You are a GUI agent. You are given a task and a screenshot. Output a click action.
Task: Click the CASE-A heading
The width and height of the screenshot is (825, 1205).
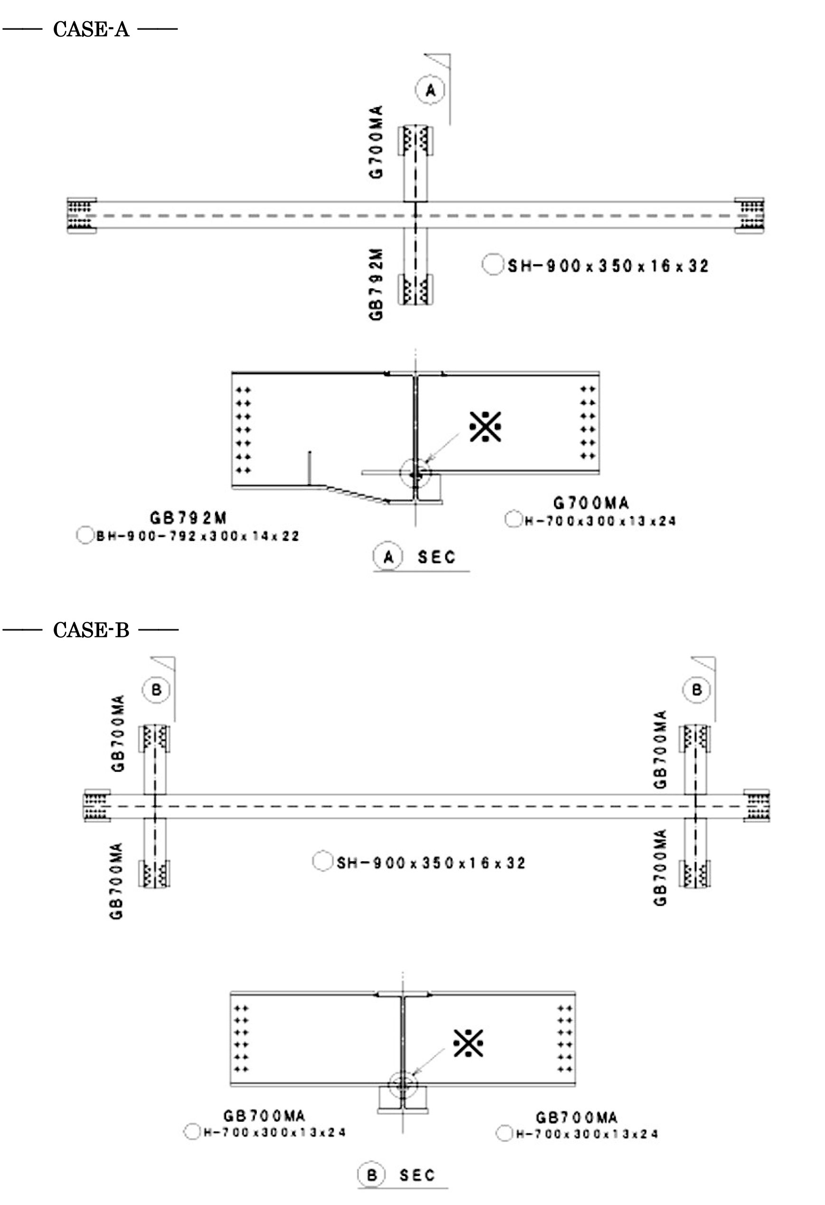click(91, 29)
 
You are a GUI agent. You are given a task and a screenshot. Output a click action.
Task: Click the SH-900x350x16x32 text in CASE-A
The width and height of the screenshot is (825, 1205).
click(608, 266)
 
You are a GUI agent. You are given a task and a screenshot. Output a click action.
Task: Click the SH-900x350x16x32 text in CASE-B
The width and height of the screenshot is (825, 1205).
click(431, 863)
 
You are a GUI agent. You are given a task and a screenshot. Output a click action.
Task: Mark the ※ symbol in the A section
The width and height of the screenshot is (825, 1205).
click(485, 426)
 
